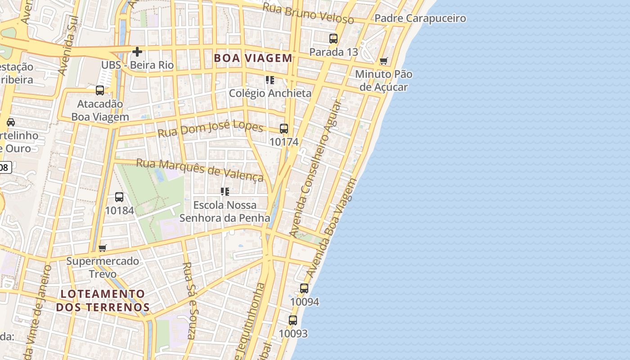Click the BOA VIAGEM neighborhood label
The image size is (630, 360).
coord(253,58)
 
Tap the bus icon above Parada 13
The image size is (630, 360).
coord(333,39)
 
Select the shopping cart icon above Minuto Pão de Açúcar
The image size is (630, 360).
coord(383,61)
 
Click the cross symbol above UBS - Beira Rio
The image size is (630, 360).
coord(137,52)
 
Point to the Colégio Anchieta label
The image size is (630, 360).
coord(270,93)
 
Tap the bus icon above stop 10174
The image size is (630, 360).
coord(284,129)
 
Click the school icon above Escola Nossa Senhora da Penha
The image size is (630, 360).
coord(225,192)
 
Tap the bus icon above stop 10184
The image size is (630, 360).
coord(119,197)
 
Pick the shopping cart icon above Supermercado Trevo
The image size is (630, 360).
coord(103,248)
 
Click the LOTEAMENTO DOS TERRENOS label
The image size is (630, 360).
coord(103,301)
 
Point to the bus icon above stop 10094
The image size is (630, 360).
coord(304,288)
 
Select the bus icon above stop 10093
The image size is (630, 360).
coord(293,320)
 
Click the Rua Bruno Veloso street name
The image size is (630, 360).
coord(308,13)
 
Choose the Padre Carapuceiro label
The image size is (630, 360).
coord(420,18)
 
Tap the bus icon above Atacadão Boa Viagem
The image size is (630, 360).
coord(100,90)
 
